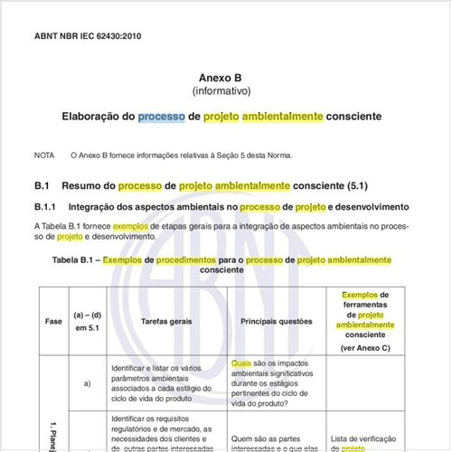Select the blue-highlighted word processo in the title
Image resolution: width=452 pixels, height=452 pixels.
tap(161, 117)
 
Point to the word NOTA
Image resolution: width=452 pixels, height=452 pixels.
tap(44, 155)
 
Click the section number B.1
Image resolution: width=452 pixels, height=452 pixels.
tap(42, 185)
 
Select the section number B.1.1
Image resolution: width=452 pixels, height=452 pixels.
tap(46, 207)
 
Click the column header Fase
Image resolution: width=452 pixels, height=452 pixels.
tap(52, 321)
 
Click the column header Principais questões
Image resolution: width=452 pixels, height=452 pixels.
tap(276, 321)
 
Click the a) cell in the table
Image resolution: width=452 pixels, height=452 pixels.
tap(88, 382)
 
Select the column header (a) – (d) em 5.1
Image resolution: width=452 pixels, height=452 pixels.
tap(88, 321)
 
